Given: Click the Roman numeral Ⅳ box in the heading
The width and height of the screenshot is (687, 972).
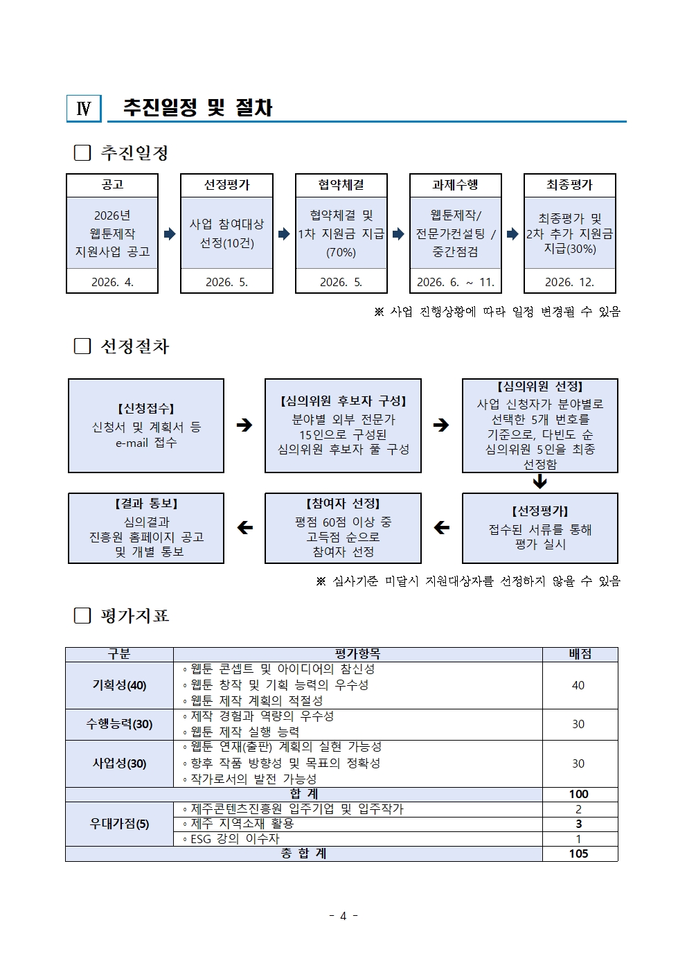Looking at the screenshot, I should pos(84,109).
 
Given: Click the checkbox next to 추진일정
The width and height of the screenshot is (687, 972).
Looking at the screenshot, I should pos(82,152).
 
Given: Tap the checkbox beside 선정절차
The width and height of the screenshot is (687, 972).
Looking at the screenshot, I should pos(82,346).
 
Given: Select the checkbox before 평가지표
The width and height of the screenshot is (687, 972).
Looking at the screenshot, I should pos(82,615).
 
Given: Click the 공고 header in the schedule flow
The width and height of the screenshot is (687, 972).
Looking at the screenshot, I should pos(112,185).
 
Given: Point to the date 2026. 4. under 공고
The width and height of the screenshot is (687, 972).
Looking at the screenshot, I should pos(112,282).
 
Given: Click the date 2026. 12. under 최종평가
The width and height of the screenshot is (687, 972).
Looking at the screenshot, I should pos(569,282).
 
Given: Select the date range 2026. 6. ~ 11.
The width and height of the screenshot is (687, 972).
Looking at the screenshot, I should pos(455,282).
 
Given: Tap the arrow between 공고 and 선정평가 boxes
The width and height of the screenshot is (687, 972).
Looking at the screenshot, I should pos(170,234).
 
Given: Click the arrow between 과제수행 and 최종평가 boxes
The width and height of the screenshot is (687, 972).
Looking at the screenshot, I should pos(512,234).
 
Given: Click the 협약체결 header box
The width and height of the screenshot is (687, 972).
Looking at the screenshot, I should pos(341,185).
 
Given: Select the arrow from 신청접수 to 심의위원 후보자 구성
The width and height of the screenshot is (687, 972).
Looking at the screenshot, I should pos(244,425).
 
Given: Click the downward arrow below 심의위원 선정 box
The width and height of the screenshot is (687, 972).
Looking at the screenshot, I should pos(539,481).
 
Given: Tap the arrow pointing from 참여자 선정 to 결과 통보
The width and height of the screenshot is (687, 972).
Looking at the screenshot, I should pos(244,528).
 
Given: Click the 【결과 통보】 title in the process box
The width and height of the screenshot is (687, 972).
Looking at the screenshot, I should pos(146,504).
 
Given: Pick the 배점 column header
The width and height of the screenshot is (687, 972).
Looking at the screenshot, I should pos(579,654).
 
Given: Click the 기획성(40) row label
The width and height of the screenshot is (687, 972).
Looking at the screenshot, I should pos(119,685).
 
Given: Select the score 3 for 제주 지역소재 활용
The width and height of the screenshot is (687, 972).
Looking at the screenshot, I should pos(578,824).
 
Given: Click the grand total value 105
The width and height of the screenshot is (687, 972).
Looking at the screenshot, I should pos(578,854).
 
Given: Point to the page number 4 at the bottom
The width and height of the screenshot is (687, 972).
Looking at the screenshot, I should pos(343,916).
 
